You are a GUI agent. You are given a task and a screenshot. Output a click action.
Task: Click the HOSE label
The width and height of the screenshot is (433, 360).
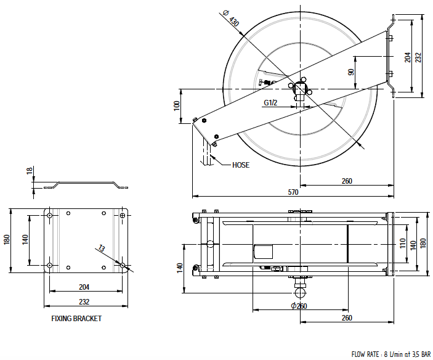241,165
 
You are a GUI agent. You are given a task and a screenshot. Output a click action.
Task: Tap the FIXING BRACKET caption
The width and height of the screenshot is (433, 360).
76,319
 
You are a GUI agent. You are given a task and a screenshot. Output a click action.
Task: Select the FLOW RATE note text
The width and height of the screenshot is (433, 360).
391,354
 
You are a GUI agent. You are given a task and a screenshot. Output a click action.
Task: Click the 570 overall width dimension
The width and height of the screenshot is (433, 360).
293,192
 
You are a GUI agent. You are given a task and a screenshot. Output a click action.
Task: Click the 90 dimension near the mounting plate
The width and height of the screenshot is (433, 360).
351,72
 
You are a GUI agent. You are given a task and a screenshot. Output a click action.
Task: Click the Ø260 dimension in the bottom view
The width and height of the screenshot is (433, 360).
301,306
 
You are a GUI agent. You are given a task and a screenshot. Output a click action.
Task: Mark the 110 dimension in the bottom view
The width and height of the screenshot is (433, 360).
403,242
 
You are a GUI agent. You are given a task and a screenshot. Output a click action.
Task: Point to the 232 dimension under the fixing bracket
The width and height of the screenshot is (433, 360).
84,301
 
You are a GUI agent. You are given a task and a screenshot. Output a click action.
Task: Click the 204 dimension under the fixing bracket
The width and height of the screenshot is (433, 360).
84,287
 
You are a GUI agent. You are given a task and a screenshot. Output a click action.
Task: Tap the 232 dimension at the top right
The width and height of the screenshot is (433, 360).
418,57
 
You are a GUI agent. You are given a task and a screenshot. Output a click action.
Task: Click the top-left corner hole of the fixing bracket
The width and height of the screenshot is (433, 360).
49,215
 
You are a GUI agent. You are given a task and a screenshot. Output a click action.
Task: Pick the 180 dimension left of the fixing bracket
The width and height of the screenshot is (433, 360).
7,239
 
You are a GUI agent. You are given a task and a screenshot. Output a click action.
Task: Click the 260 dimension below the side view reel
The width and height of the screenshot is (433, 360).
347,181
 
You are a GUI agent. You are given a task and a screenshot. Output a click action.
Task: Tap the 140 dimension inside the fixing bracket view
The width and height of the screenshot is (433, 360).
25,239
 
